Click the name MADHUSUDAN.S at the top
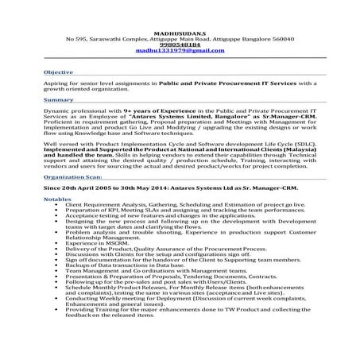[x=180, y=31]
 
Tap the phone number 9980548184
[x=180, y=45]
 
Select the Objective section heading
[x=59, y=72]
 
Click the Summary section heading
[x=58, y=100]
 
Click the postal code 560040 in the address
[x=281, y=38]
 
